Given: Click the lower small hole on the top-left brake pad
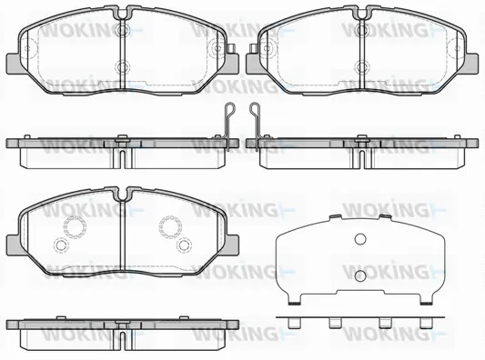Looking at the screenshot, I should coord(122,65).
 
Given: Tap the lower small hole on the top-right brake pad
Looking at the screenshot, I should coord(361,65).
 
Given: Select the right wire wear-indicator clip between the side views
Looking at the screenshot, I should coord(255,119).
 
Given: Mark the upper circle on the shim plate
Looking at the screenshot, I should coord(359,240).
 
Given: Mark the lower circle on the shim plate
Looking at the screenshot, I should coord(359,275).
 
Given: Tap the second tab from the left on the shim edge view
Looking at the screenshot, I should coord(336,322).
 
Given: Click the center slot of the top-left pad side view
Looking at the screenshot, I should coord(121,151).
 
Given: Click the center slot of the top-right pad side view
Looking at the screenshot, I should coord(361,151).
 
